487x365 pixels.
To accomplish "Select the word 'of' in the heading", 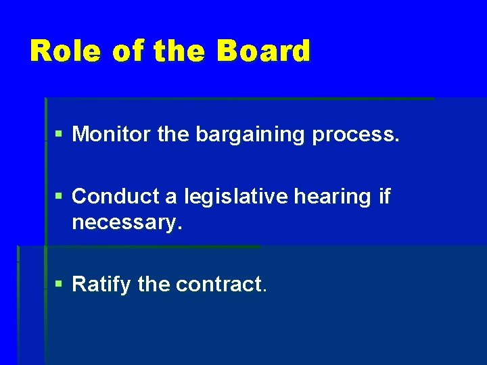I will click(129, 51).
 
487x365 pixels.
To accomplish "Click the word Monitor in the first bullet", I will click(112, 135).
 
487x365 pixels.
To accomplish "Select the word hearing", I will click(338, 197).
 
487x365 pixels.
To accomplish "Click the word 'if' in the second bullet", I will click(385, 197).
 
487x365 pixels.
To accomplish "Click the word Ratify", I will click(101, 285).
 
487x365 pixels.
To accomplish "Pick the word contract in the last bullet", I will click(221, 285).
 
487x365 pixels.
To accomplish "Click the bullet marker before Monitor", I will click(60, 135).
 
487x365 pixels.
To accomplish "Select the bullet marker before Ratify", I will click(60, 285).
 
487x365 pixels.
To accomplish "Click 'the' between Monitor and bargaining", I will click(174, 135).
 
